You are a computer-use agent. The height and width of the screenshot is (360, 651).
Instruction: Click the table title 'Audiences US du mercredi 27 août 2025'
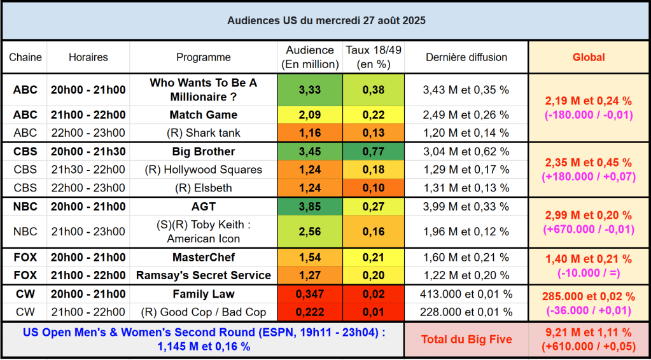(326, 20)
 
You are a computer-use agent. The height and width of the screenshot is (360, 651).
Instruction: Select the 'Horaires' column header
(88, 57)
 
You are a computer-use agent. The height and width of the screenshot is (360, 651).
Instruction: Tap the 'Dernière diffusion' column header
(466, 57)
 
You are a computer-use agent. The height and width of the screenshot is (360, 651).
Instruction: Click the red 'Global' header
(589, 57)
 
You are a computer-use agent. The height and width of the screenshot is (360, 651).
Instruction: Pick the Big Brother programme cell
(204, 151)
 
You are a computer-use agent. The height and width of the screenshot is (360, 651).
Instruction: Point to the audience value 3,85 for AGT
(310, 207)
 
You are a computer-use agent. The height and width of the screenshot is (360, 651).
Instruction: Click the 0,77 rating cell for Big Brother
(373, 151)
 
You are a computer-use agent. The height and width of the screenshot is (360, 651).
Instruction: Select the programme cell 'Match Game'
(204, 115)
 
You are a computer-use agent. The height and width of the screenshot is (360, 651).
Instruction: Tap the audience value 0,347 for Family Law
(310, 294)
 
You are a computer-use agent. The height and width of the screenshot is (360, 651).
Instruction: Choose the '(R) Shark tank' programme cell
(204, 133)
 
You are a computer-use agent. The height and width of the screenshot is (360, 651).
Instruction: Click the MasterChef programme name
(204, 258)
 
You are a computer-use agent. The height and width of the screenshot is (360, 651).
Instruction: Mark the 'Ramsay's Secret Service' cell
(204, 275)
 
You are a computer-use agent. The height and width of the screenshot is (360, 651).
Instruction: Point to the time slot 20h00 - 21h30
(88, 151)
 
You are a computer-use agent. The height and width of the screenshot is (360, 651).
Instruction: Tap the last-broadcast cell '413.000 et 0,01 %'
(466, 294)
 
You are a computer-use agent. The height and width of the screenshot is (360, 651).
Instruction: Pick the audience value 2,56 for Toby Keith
(310, 232)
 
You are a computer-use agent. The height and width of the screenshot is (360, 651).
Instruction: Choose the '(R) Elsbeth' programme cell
(204, 188)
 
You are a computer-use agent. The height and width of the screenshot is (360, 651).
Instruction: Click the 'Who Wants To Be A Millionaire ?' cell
(204, 90)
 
